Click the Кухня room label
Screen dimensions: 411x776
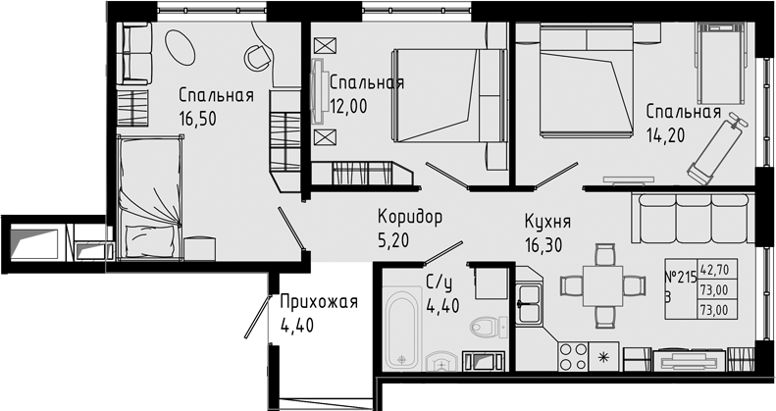point(547,222)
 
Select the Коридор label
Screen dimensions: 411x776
point(410,217)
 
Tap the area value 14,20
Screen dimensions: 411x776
point(664,134)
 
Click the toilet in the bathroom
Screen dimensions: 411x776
point(487,327)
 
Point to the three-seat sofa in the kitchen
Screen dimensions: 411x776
point(687,219)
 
